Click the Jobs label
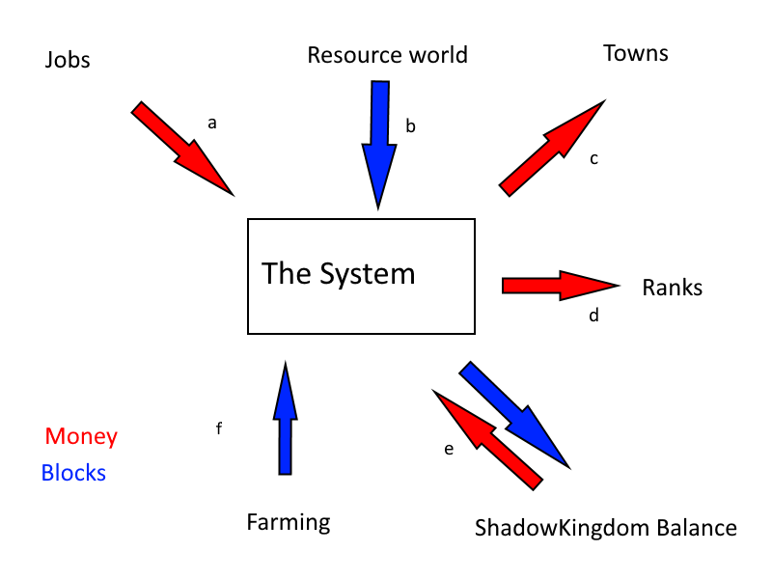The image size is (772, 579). click(x=68, y=60)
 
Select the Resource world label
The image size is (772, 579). click(x=387, y=55)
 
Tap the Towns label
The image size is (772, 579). click(x=636, y=52)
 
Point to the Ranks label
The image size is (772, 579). click(x=673, y=288)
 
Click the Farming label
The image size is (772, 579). click(x=289, y=523)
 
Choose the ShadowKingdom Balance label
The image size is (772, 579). click(x=606, y=529)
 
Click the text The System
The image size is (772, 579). click(x=339, y=274)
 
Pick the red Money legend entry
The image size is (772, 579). click(x=81, y=436)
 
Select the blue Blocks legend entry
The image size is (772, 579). click(x=73, y=473)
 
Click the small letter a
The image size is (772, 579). click(x=212, y=123)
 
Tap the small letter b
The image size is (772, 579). click(x=410, y=126)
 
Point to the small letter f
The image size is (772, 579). click(x=219, y=428)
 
